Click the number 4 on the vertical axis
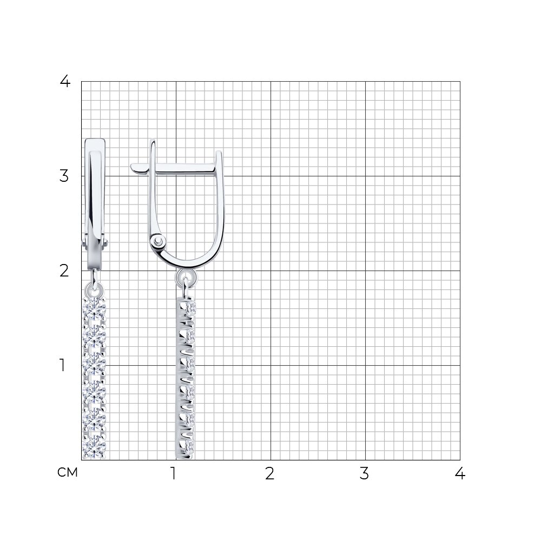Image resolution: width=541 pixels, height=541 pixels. tap(65, 82)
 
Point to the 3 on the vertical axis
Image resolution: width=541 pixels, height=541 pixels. tap(64, 176)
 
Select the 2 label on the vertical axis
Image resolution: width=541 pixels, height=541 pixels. tap(64, 271)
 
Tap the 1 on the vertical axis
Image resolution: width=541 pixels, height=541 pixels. tap(62, 365)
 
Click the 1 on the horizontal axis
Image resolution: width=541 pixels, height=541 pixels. tap(174, 473)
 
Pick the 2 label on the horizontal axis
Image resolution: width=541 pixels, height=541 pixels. tap(270, 473)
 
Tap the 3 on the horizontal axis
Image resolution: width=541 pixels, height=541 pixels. tap(364, 473)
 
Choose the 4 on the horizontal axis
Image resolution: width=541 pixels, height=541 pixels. tap(460, 473)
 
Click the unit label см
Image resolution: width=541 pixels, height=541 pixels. tap(68, 473)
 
